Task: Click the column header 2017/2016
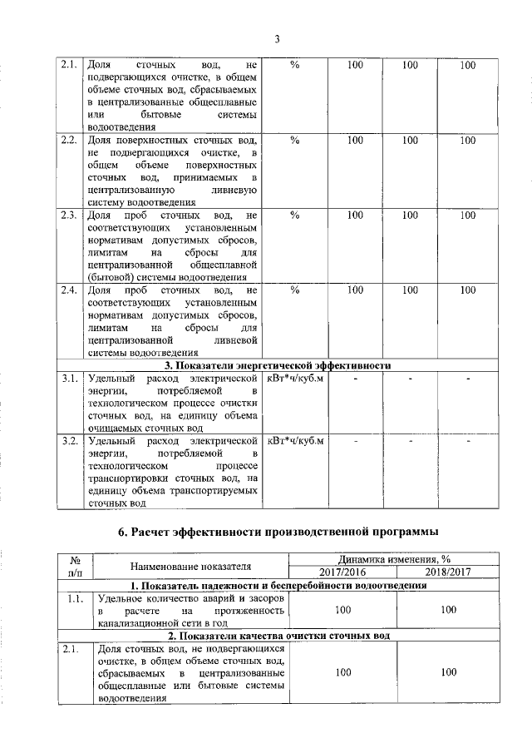[x=342, y=572]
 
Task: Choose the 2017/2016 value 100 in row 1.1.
[x=342, y=610]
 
